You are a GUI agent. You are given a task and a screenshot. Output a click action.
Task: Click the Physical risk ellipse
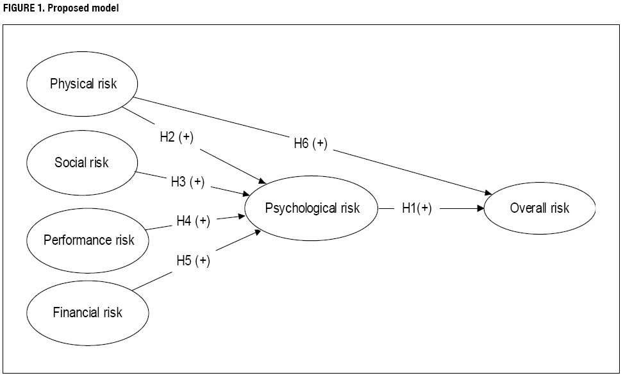[x=83, y=84]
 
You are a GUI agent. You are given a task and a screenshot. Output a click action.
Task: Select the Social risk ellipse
[x=81, y=163]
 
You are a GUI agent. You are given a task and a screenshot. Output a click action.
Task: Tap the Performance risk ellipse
[x=88, y=240]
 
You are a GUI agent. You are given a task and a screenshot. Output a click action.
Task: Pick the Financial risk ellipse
[x=87, y=313]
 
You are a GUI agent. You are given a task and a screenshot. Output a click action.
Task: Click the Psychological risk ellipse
[x=312, y=208]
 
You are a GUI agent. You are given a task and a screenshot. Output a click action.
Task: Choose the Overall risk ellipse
[x=539, y=208]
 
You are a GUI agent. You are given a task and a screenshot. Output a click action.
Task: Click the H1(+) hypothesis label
[x=417, y=208]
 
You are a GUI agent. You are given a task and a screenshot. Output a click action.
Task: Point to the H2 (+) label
[x=177, y=137]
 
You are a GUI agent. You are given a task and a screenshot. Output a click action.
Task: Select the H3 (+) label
[x=187, y=182]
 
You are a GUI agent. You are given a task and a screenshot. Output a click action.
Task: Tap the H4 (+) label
[x=193, y=221]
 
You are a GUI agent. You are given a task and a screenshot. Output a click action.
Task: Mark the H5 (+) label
[x=193, y=261]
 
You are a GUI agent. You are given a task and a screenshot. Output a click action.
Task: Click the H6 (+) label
[x=310, y=144]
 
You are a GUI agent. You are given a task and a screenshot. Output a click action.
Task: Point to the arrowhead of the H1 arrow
[x=481, y=208]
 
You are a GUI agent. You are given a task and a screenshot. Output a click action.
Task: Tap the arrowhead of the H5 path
[x=258, y=232]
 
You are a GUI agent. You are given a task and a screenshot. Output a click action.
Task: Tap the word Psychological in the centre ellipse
[x=294, y=208]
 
